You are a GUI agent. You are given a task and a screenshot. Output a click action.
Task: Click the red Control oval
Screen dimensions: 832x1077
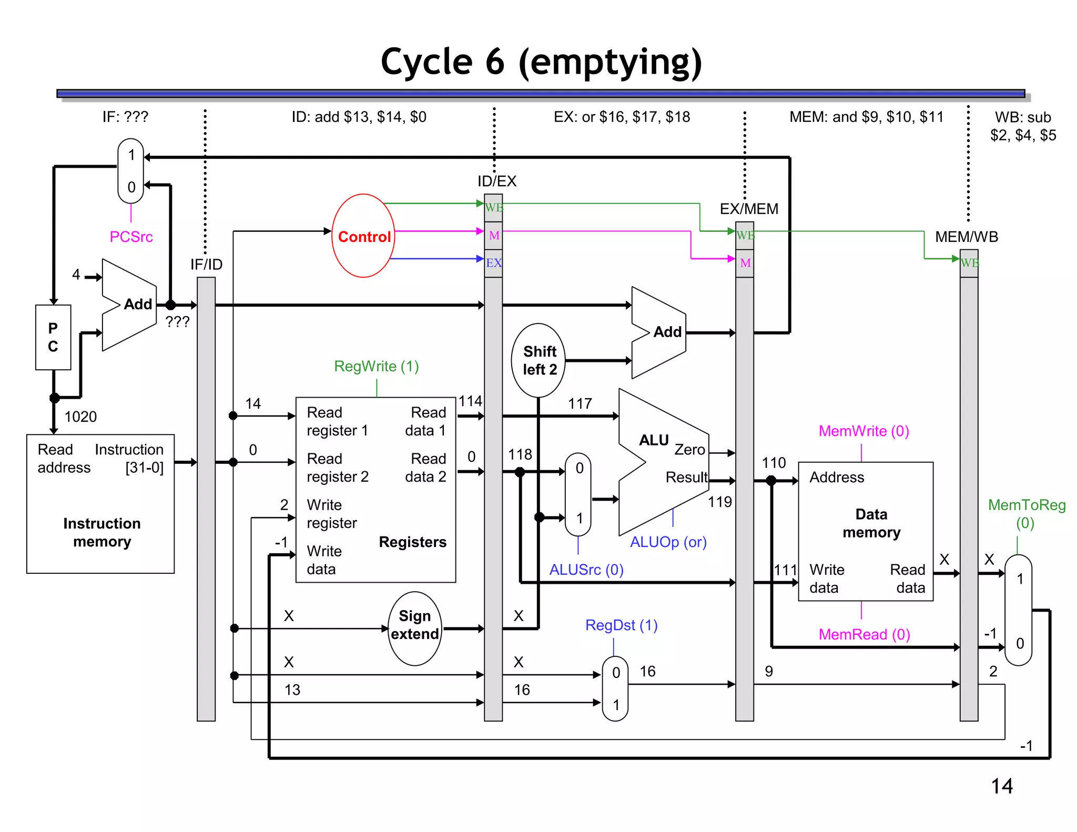[x=363, y=236]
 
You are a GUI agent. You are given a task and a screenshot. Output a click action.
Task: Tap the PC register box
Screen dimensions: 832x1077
[x=53, y=337]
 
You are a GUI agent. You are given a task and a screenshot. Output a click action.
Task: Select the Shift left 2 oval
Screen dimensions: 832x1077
[x=538, y=360]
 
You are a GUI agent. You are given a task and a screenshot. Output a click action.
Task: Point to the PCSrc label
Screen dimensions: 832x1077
[x=131, y=237]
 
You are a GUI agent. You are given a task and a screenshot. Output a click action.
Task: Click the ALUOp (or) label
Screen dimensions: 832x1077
[x=668, y=542]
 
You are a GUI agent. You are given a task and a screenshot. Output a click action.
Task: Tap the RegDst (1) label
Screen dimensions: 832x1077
[x=621, y=625]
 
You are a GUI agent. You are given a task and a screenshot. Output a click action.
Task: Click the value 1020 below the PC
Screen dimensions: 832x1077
[x=80, y=417]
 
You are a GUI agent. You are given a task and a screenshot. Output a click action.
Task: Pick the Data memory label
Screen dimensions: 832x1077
[x=871, y=523]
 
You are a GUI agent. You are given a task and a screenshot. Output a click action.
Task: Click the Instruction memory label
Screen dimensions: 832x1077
[x=101, y=532]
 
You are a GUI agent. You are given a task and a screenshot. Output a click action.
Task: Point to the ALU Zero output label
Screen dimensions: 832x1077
[x=689, y=450]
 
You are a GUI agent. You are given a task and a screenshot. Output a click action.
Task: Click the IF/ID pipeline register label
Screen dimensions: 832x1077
[x=206, y=264]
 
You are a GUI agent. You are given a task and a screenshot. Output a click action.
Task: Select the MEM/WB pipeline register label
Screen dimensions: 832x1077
[x=966, y=237]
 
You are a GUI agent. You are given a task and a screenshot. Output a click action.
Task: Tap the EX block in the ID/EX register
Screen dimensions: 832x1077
[x=493, y=263]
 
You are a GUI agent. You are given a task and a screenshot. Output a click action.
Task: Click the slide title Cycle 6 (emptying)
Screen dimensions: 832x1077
[x=541, y=62]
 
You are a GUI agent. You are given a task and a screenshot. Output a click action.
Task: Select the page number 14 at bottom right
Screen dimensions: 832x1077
[x=1001, y=786]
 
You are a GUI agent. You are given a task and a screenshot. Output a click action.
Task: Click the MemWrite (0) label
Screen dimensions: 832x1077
[x=863, y=431]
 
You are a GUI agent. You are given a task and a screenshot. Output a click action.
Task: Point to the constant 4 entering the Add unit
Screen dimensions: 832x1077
[x=76, y=274]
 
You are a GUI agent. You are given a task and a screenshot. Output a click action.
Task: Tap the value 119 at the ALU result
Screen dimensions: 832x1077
[x=719, y=502]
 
